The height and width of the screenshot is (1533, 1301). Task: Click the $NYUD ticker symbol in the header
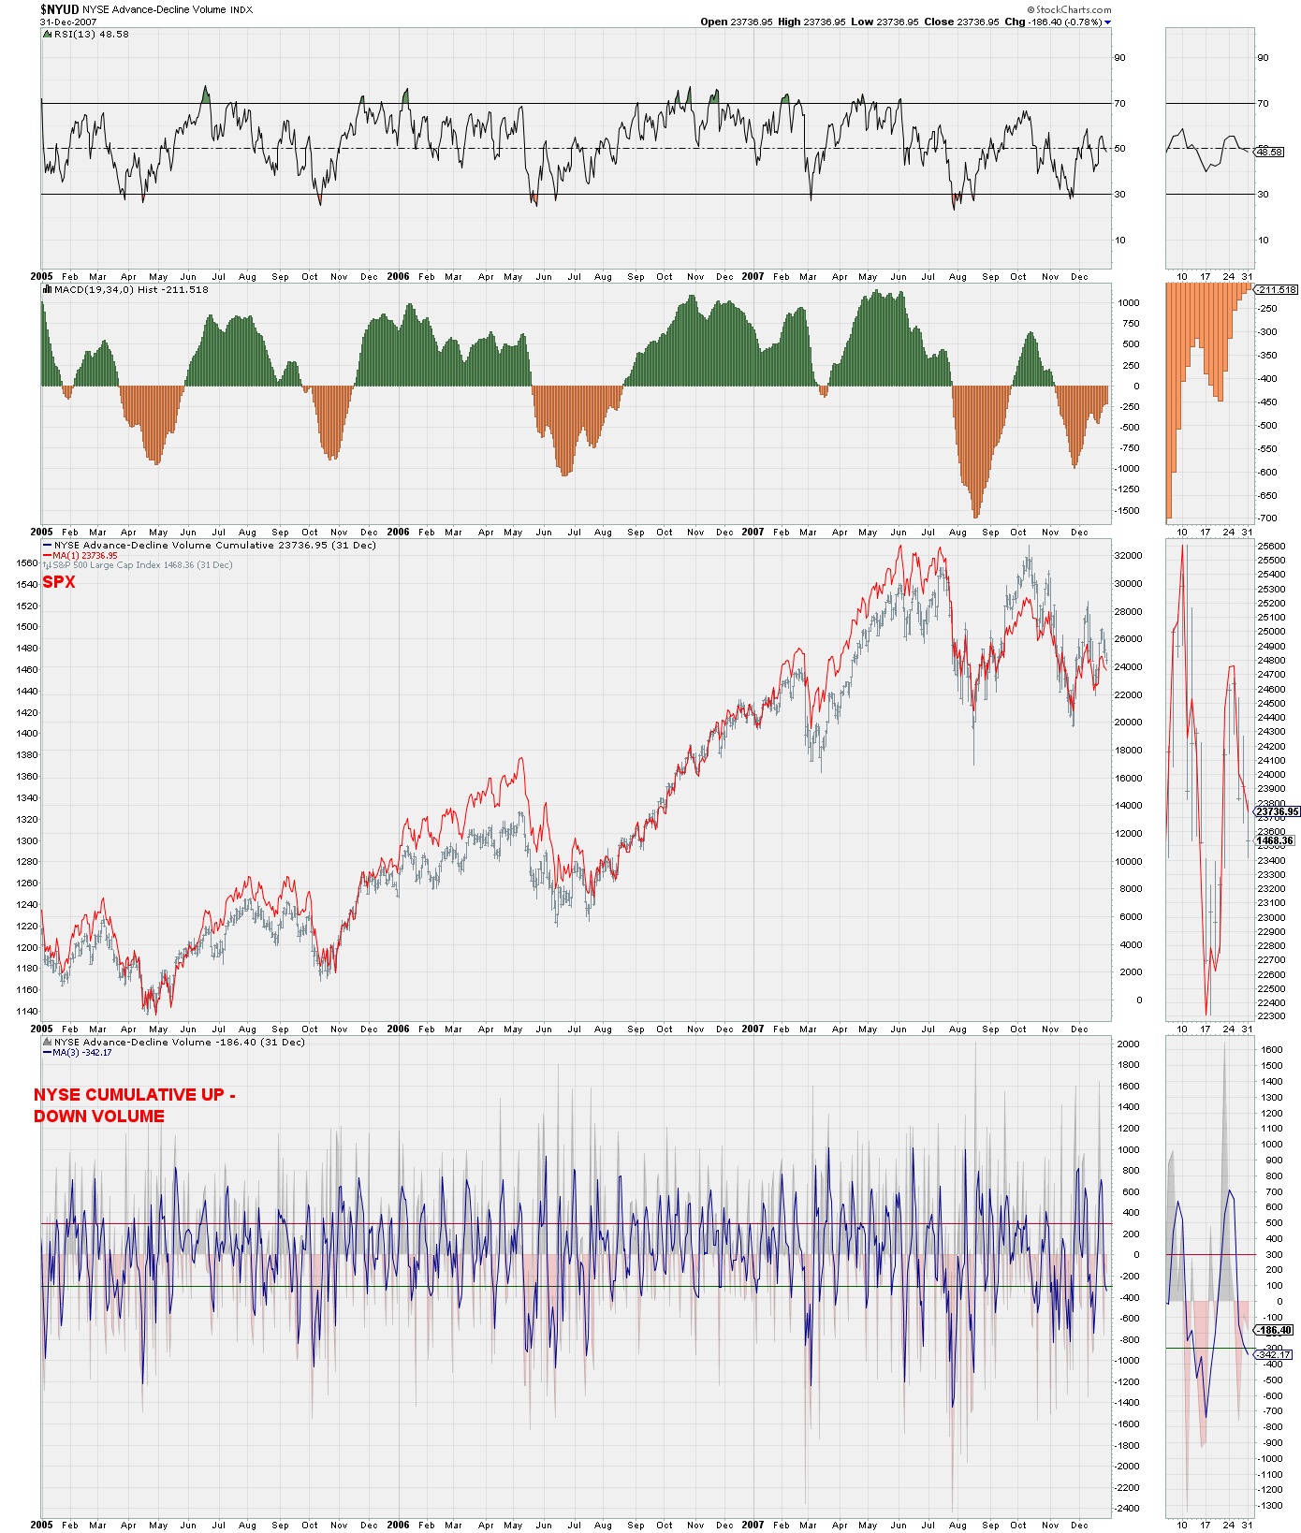[60, 9]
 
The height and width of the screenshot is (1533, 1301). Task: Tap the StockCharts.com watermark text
[1073, 10]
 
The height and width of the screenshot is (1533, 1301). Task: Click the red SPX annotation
[58, 582]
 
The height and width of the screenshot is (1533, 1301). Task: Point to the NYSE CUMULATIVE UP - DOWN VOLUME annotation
[134, 1105]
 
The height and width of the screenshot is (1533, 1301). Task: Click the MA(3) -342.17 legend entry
[82, 1053]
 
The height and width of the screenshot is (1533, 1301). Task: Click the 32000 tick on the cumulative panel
[1129, 555]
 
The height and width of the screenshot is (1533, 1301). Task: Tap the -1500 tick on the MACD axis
[1129, 510]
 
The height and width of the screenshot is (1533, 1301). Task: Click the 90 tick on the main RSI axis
[1119, 58]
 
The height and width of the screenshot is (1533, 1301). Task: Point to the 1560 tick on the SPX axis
[26, 563]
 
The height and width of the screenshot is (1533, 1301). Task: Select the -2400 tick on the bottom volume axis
[1128, 1509]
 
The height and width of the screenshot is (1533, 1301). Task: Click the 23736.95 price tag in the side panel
[1277, 812]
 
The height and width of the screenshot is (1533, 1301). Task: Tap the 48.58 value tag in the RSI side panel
[1269, 153]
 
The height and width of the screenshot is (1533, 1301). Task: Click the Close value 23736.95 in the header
[978, 22]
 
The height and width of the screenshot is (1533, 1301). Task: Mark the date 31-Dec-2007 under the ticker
[68, 22]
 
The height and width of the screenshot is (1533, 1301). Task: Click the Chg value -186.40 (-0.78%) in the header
[1065, 22]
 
